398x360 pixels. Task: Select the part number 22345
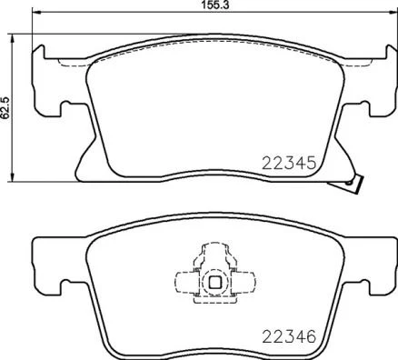[x=288, y=164]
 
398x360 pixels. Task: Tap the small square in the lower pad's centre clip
[x=214, y=282]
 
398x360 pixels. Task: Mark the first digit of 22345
[x=265, y=164]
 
